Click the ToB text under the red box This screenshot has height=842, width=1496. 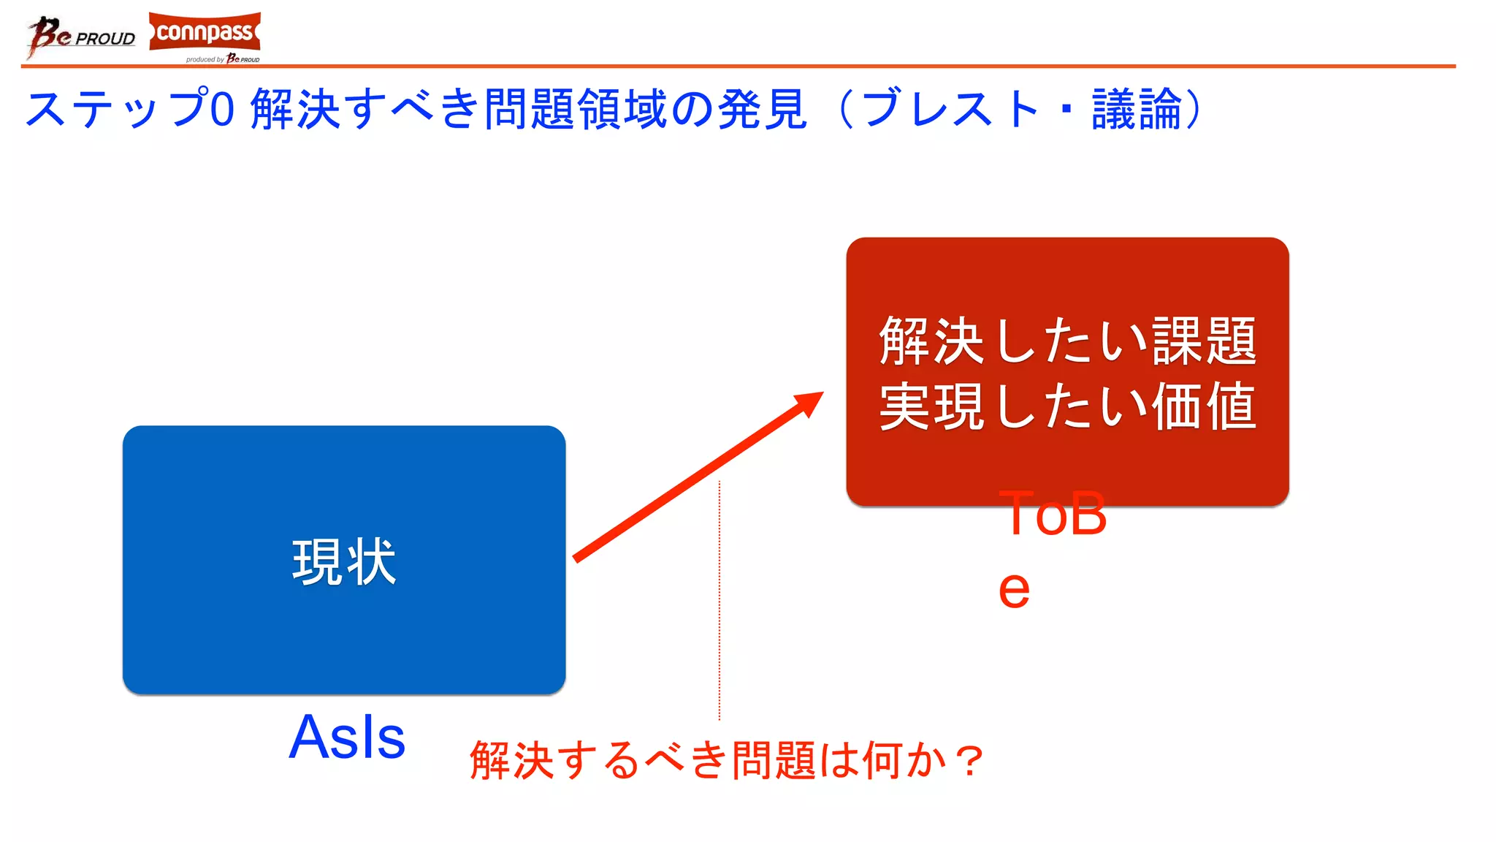tap(1053, 514)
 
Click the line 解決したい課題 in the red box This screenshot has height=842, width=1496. tap(1067, 341)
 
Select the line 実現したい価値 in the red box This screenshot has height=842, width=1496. tap(1067, 406)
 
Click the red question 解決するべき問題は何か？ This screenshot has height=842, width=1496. tap(727, 760)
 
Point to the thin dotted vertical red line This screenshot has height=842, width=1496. tap(720, 599)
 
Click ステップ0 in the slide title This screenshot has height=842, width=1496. tap(130, 110)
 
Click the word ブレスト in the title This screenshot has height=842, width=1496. tap(950, 110)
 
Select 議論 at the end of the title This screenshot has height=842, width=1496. tap(1137, 110)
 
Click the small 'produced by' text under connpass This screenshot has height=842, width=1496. tap(205, 60)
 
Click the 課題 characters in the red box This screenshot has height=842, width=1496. tap(1205, 341)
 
